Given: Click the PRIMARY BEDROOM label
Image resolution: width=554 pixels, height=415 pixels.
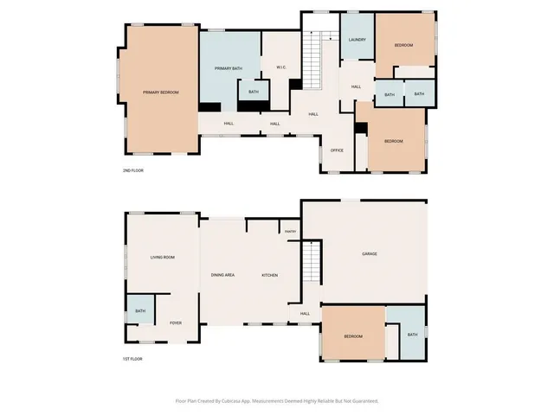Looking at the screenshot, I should pos(161,92).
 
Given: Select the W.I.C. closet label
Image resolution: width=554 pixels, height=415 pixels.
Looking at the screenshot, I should pos(281,67).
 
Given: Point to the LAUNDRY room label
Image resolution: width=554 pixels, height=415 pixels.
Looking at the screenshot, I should pos(357,40).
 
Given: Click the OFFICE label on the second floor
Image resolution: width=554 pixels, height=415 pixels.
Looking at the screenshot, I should pos(338,150).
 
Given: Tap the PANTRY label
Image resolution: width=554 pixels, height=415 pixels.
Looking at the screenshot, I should pos(290,232).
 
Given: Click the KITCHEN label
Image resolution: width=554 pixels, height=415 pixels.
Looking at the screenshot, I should pos(270,275).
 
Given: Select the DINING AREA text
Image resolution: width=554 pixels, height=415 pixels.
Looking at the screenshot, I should pos(223,275).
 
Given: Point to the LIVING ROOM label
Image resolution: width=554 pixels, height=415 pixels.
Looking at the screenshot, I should pos(163,257).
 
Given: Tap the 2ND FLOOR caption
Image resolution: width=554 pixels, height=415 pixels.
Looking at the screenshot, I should pos(132,171).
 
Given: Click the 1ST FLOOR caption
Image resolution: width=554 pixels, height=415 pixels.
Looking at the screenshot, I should pos(132,358).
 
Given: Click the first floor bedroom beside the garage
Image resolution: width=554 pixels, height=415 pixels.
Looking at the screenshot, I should pos(352,335).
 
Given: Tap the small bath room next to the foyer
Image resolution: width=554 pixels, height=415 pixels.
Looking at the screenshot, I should pos(139,311).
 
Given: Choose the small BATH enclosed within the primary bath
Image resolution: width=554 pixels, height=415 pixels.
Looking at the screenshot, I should pos(254,92).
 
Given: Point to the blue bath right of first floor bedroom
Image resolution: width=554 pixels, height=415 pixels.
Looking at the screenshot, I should pos(412,335).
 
